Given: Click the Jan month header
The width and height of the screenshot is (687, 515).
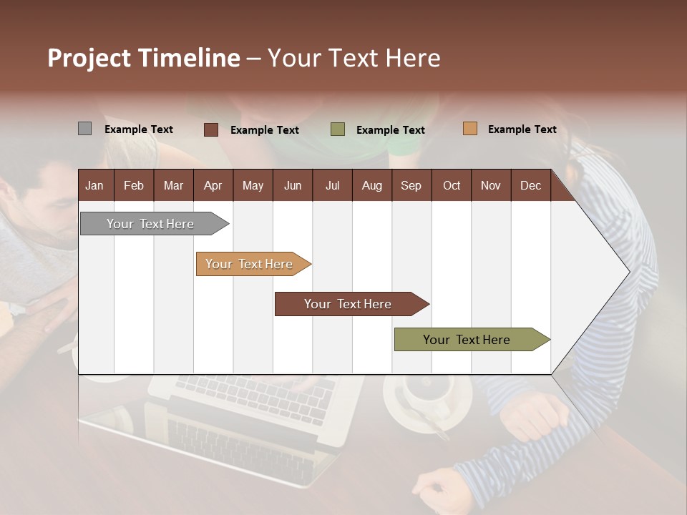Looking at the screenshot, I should tap(94, 185).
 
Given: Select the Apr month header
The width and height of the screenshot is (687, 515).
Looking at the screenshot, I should tap(213, 185).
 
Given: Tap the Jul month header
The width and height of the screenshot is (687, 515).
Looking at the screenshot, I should tap(332, 185).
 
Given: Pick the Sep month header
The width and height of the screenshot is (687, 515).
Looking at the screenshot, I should tap(411, 185).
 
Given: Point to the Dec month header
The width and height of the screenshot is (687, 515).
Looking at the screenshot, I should tap(530, 185).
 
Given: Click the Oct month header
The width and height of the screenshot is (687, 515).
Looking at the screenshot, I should tap(452, 185).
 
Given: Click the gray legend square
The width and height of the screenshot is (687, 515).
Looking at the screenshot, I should tap(84, 129).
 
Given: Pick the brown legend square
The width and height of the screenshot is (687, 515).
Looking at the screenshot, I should tap(211, 129).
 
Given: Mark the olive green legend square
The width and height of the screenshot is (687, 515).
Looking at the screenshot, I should tap(338, 129).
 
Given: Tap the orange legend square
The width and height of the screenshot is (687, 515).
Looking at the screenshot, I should tap(469, 129).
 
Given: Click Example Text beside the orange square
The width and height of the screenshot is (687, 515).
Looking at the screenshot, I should tap(522, 129).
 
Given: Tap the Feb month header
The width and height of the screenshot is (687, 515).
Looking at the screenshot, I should tap(134, 185).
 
